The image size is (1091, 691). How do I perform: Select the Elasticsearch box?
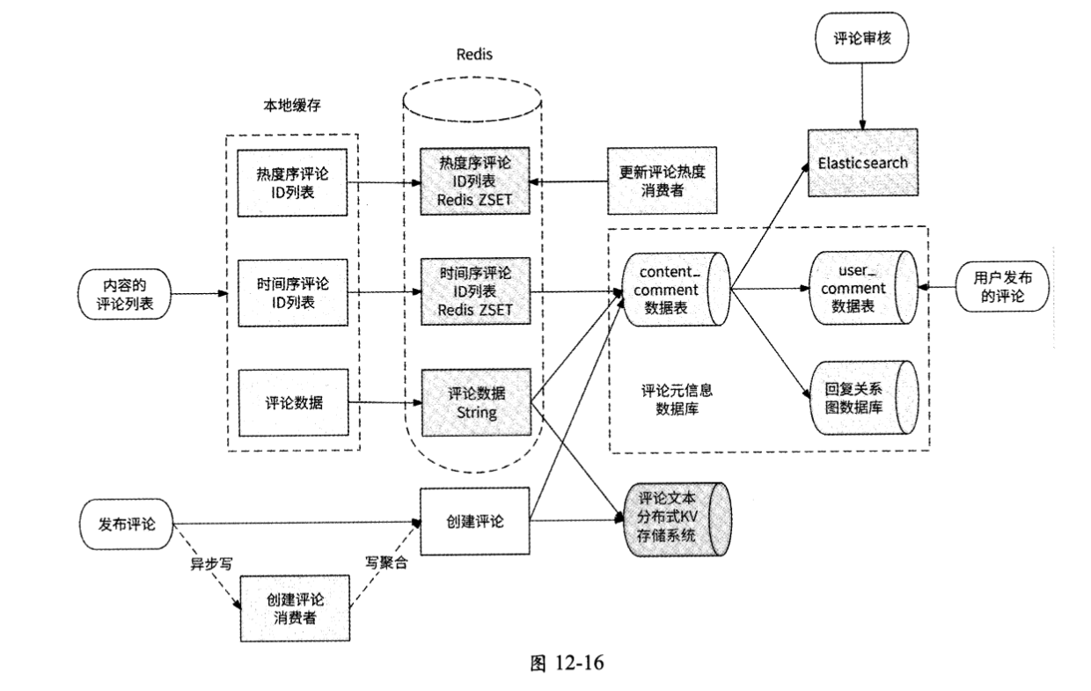[x=862, y=163]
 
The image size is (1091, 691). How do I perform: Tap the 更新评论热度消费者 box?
[x=657, y=180]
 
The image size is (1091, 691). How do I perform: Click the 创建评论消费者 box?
[x=295, y=608]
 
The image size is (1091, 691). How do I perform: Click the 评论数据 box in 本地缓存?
[x=294, y=402]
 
